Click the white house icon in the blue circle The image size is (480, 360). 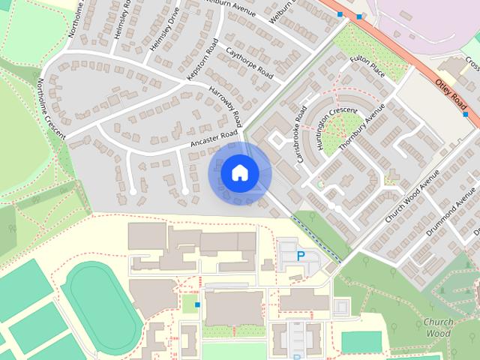(x=238, y=172)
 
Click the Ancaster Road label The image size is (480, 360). (x=214, y=139)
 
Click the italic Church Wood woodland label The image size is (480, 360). (x=437, y=327)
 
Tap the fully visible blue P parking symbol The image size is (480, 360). (x=301, y=256)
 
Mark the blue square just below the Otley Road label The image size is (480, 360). (x=466, y=115)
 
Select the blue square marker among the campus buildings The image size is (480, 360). (x=196, y=304)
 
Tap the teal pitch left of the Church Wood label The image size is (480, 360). (x=361, y=341)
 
